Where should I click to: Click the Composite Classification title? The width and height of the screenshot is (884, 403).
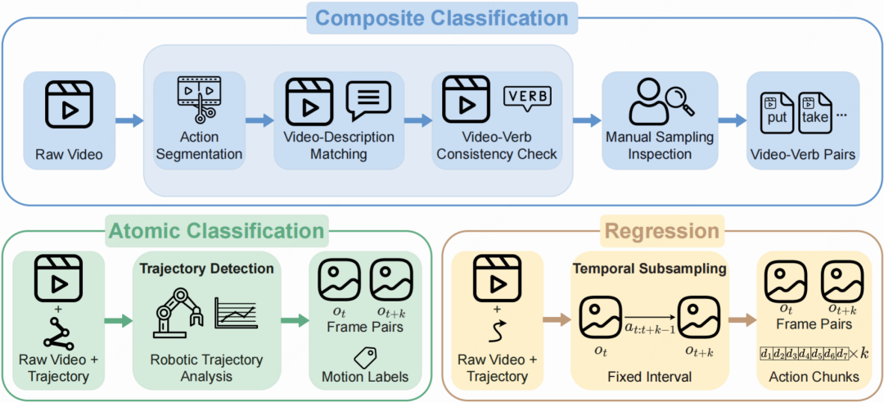click(x=443, y=18)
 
